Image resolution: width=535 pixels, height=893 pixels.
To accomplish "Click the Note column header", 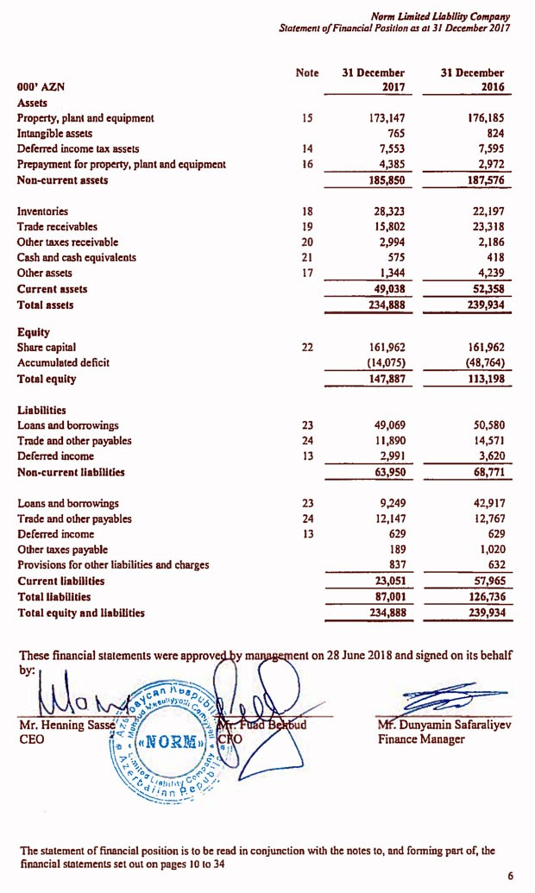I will point(306,73).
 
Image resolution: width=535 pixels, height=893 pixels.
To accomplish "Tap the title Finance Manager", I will point(423,739).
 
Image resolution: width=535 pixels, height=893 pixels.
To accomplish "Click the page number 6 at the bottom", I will point(510,876).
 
